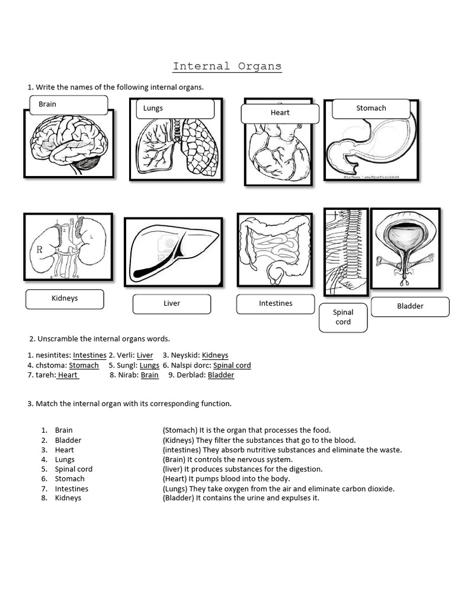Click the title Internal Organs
227,66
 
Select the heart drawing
277,151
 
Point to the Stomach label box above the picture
371,108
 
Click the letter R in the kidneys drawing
40,250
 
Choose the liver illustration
173,251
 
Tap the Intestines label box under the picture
275,303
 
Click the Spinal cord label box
342,317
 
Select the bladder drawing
405,248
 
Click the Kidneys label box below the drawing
65,299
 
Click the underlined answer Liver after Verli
145,356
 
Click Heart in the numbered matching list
65,450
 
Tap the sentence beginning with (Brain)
227,459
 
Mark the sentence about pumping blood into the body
226,479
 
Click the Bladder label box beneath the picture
410,306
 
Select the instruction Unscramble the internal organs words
100,339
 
